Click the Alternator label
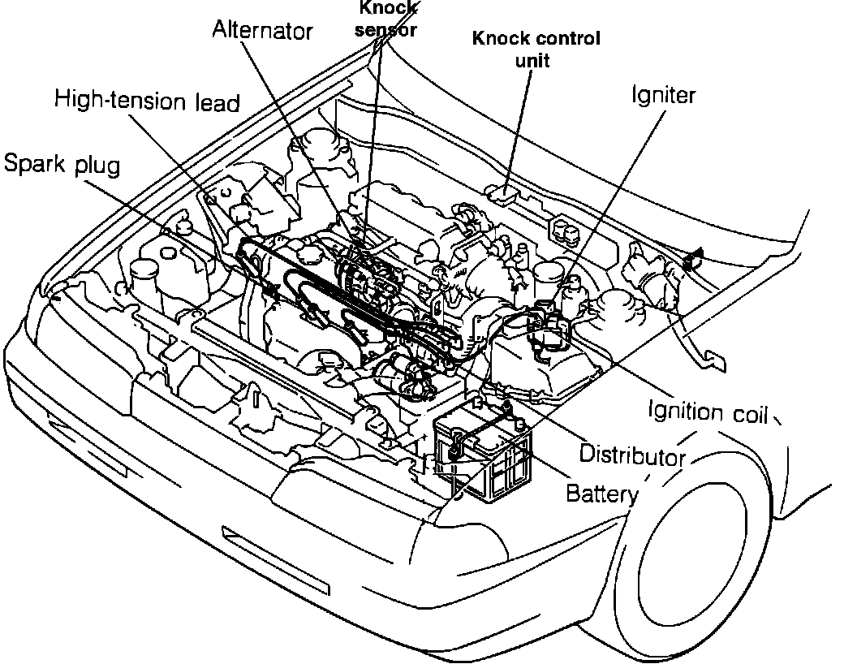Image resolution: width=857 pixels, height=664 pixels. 262,31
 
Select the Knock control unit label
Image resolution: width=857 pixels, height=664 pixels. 536,49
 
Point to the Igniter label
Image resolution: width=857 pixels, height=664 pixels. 663,96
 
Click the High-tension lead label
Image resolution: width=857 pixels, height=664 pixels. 147,101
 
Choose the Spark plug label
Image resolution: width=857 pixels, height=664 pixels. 62,165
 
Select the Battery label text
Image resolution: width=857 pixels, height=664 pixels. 601,493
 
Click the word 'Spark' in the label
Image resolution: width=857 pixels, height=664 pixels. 32,164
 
